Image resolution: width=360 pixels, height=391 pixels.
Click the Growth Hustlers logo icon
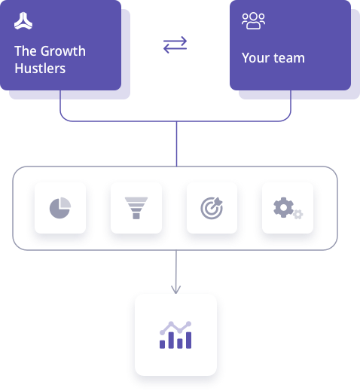coord(23,21)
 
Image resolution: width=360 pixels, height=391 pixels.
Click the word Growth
coord(63,51)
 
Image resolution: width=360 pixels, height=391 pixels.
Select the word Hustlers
coord(40,69)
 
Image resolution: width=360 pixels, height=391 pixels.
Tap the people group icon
coord(253,21)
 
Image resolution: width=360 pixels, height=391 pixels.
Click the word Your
coord(255,58)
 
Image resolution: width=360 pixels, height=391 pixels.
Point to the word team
coord(289,58)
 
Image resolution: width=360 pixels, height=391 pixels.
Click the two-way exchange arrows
coord(175,44)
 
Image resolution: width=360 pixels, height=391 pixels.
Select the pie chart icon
coord(60,208)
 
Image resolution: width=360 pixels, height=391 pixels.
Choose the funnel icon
coord(136,208)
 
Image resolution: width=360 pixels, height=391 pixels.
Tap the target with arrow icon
coord(212,208)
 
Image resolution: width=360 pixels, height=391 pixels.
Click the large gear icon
coord(283,207)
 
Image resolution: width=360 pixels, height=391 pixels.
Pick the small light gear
coord(298,214)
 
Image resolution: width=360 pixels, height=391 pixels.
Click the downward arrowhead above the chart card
coord(175,289)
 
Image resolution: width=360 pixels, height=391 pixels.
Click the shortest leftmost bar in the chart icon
coord(162,344)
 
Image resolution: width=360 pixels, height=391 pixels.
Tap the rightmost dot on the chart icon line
coord(189,324)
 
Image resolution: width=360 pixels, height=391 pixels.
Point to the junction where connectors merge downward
coord(176,121)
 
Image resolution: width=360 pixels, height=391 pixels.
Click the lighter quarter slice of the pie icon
coord(66,203)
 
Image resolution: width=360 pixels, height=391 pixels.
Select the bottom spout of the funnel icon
coord(136,216)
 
